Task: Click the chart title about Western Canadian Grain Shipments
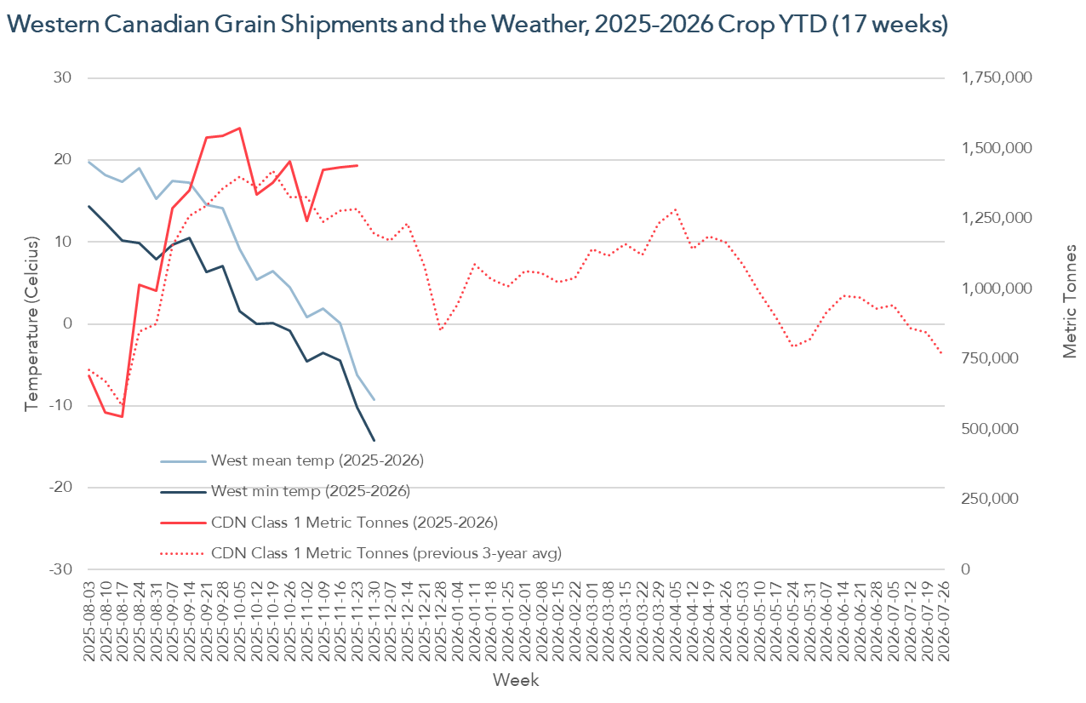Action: pos(477,25)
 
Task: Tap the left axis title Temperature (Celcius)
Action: pos(31,324)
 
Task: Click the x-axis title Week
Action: pos(515,680)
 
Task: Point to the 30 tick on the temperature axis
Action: pos(64,78)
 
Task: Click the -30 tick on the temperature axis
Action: pos(60,569)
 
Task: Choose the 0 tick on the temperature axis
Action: pos(68,324)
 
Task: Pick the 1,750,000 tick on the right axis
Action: pos(997,78)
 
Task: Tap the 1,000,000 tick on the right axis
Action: pos(997,289)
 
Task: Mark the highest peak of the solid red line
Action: pos(239,129)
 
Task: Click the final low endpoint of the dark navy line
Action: pos(374,441)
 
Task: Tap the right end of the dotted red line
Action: pos(942,354)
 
